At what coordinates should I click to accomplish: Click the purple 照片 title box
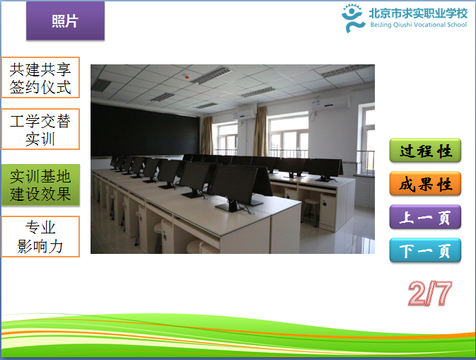coord(65,21)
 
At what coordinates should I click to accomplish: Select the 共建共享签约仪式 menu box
coord(40,77)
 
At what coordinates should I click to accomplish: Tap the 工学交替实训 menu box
coord(40,129)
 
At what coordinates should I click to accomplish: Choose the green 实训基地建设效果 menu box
coord(41,185)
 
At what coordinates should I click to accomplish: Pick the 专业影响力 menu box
coord(40,236)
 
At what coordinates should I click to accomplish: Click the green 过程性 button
coord(425,150)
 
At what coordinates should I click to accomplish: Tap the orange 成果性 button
coord(425,184)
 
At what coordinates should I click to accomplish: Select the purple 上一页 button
coord(425,216)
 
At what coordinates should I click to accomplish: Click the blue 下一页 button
coord(425,250)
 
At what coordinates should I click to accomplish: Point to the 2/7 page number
coord(430,293)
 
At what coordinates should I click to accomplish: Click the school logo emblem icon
coord(352,18)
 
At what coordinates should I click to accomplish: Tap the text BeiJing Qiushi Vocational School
coord(418,25)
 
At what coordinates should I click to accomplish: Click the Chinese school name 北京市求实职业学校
coord(418,13)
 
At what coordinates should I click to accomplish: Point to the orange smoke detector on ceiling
coord(187,77)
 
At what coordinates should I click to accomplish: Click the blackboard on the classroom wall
coord(145,131)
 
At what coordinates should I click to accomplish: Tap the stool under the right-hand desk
coord(310,211)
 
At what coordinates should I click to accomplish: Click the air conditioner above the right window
coord(331,103)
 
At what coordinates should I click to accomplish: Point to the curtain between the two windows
coord(260,131)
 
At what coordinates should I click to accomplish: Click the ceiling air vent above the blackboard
coord(101,86)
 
